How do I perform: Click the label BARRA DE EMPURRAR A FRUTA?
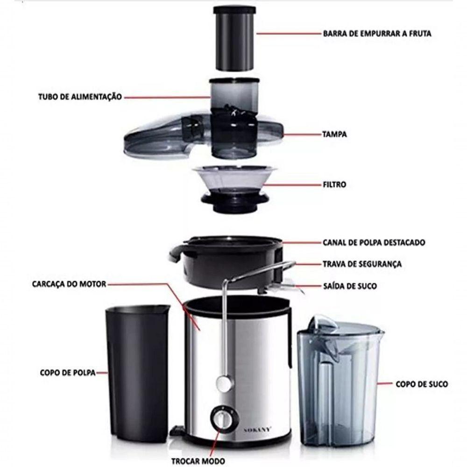[x=377, y=34]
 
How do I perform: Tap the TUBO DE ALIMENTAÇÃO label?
[x=80, y=97]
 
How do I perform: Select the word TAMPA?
[x=334, y=134]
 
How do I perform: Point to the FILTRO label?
[x=334, y=184]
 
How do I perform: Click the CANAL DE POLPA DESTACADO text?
[x=374, y=242]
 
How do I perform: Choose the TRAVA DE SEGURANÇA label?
[x=362, y=264]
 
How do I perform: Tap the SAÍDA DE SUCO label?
[x=350, y=285]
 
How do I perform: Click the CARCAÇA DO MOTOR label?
[x=70, y=283]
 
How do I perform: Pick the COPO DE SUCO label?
[x=422, y=384]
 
